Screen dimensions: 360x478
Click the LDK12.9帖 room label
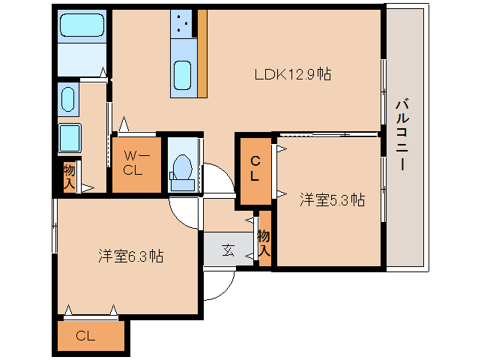tap(293, 74)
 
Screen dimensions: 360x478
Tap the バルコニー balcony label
tap(402, 135)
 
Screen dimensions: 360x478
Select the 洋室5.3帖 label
tap(333, 200)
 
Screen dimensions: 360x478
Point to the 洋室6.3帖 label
tap(131, 256)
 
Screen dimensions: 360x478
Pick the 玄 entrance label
tap(227, 250)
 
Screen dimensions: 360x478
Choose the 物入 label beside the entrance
tap(264, 241)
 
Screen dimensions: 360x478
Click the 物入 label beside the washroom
tap(69, 175)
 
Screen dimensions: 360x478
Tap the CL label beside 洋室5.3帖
tap(255, 168)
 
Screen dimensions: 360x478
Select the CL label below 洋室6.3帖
tap(85, 336)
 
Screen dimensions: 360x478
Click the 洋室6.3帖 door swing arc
tap(186, 213)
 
